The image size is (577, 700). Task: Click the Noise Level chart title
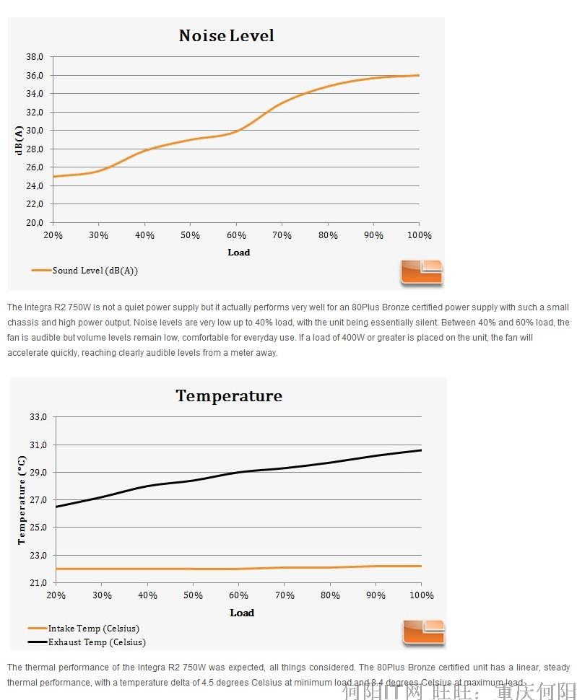(x=226, y=35)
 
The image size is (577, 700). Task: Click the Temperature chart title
(x=229, y=395)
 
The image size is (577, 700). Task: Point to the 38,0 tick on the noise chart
(x=35, y=56)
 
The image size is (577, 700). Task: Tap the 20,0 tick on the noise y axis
(x=35, y=222)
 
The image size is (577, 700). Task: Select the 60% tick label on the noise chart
(x=236, y=235)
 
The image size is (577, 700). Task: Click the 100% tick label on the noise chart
(x=419, y=235)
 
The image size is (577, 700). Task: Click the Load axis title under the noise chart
(x=238, y=252)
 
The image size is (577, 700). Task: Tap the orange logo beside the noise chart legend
(x=422, y=272)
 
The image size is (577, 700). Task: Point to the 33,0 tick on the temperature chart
(x=38, y=417)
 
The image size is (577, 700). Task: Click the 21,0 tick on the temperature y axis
(x=38, y=582)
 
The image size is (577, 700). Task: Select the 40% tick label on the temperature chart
(x=147, y=595)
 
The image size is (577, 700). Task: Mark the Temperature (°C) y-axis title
(x=22, y=500)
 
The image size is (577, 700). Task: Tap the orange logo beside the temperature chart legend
(x=424, y=633)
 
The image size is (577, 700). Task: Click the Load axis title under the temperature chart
(x=242, y=613)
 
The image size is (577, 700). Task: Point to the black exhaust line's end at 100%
(x=421, y=450)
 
